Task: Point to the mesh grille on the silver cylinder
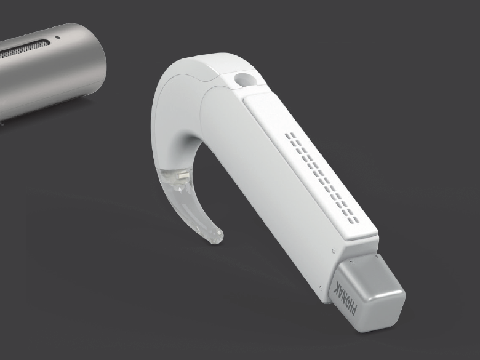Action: (x=25, y=48)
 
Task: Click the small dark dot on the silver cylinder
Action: (x=58, y=37)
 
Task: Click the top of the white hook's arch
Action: (x=185, y=58)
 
